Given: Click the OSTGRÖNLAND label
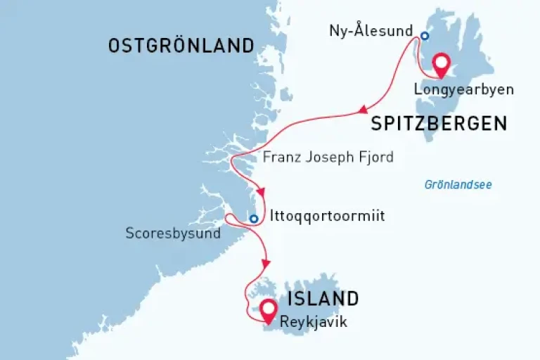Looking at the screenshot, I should pos(181,46).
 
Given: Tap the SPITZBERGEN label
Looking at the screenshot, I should pos(439,124).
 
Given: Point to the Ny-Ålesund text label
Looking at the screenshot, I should pos(371,31).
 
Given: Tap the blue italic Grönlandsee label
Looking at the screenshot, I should pos(458,185).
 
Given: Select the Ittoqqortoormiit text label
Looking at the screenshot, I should pos(327,217).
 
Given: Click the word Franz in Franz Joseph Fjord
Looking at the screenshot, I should pos(279,157).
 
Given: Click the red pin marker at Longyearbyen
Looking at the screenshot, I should pos(442,64).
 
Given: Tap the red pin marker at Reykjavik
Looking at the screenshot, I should pos(267,309).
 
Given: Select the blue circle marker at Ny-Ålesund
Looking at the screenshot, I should pos(424,36).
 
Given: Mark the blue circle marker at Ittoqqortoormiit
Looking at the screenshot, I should pos(253,219).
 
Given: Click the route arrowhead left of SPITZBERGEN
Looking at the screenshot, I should pos(364,110).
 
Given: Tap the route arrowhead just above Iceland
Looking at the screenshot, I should pos(265,263).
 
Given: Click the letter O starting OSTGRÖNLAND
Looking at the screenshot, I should pos(115,46).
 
